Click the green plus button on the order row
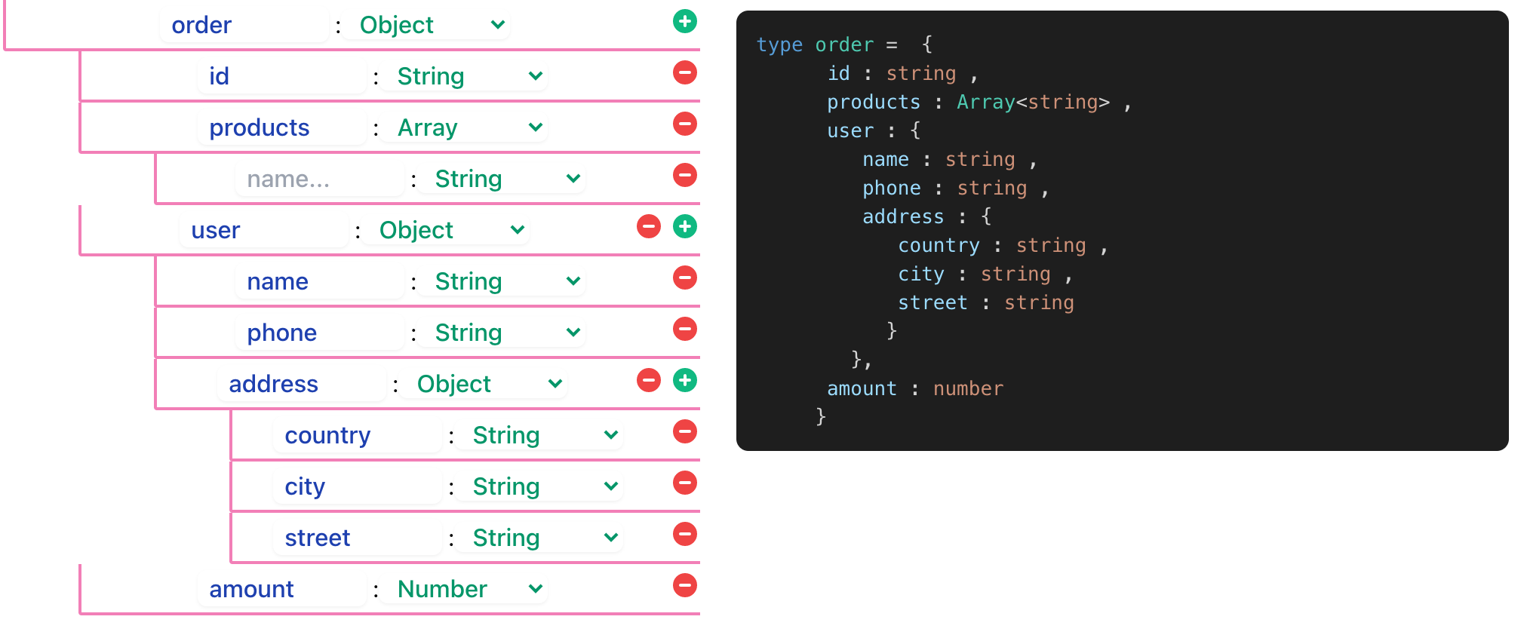pos(684,22)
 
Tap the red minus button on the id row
pos(684,73)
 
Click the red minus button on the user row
pos(648,227)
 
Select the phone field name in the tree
pos(282,333)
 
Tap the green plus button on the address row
pos(684,381)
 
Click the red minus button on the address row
pos(648,381)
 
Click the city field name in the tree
pos(305,486)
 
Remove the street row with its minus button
pos(684,535)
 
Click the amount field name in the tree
pos(251,589)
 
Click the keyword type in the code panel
pos(779,44)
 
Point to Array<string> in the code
pos(1033,102)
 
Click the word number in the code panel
pos(968,388)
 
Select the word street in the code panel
pos(932,302)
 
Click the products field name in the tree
pos(260,127)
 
